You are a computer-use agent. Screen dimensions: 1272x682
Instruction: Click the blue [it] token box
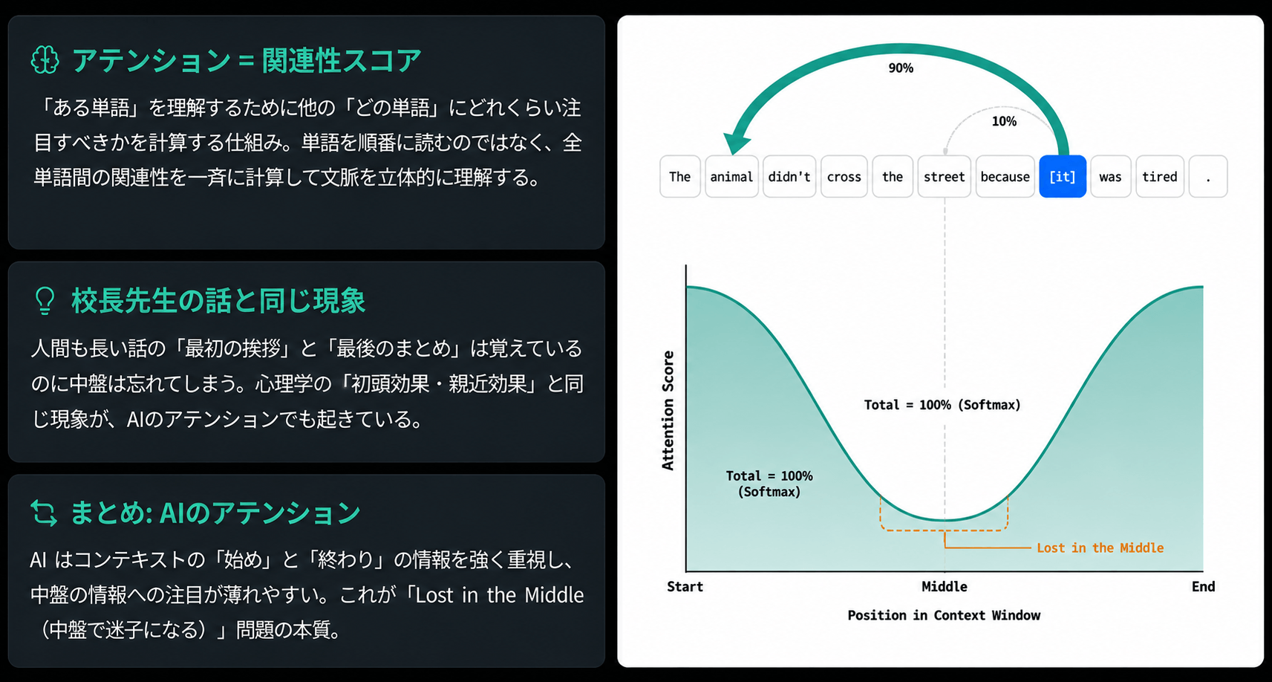point(1063,176)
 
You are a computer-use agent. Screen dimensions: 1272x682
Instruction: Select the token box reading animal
point(731,176)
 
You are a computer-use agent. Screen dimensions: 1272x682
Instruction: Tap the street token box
point(944,176)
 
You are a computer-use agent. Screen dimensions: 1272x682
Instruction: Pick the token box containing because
point(1005,176)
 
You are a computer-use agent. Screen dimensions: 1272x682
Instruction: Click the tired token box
point(1160,176)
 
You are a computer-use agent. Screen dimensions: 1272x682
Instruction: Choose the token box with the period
point(1208,176)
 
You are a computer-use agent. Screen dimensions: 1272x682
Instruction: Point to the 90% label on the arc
point(901,68)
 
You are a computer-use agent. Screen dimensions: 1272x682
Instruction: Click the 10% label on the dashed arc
point(1004,121)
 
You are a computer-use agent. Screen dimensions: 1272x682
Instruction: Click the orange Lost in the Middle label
point(1100,548)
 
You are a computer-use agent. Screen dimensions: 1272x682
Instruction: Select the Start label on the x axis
point(685,586)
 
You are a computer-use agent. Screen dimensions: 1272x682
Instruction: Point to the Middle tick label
point(945,586)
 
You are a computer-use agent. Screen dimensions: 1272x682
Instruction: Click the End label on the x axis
point(1203,586)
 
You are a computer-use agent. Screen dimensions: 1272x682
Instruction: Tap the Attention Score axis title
point(668,410)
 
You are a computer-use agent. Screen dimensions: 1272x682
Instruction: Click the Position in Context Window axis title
point(944,615)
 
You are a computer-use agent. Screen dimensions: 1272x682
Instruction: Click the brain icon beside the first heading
point(45,59)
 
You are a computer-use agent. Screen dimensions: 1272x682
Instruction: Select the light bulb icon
point(45,300)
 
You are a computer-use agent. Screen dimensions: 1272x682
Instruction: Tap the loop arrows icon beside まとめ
point(45,513)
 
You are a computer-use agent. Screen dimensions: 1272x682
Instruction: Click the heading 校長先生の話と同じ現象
point(218,300)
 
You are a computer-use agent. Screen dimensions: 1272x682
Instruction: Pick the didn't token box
point(789,176)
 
